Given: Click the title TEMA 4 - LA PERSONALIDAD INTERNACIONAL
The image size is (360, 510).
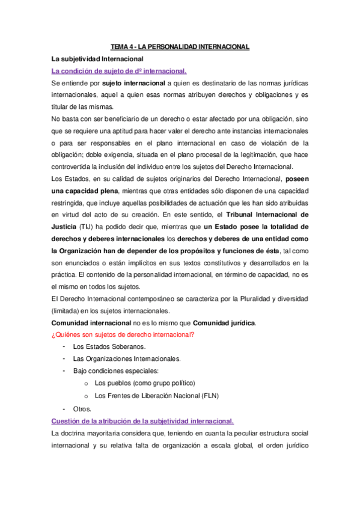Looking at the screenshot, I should click(180, 46).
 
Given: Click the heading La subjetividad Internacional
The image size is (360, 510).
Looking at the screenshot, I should click(97, 59).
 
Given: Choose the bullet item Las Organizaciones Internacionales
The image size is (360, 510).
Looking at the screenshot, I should click(126, 358).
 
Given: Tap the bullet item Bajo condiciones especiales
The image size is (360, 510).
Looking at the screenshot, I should click(115, 370).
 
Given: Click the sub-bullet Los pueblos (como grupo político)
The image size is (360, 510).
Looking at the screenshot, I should click(145, 382).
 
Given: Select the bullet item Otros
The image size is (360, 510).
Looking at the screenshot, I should click(82, 408).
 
